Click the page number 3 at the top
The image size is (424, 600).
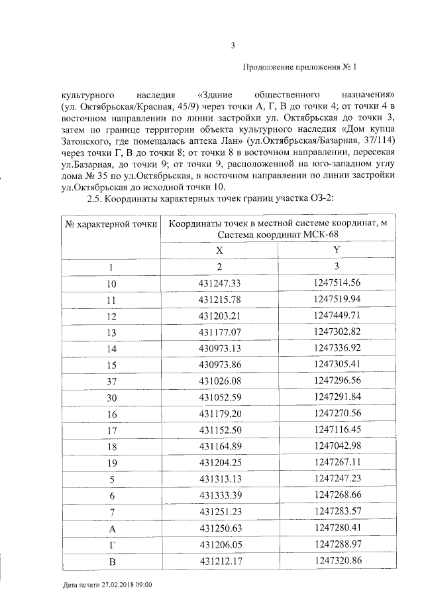coord(232,45)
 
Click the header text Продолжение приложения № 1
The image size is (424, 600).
coord(300,66)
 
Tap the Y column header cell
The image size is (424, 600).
coord(337,249)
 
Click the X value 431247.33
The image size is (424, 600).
coord(219,284)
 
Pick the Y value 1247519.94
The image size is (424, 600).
coord(337,300)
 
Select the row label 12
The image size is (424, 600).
coord(111,316)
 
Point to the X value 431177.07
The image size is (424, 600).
coord(219,333)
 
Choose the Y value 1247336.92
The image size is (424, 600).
coord(337,349)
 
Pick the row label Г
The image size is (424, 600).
coord(111,544)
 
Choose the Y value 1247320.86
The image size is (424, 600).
coord(337,560)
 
